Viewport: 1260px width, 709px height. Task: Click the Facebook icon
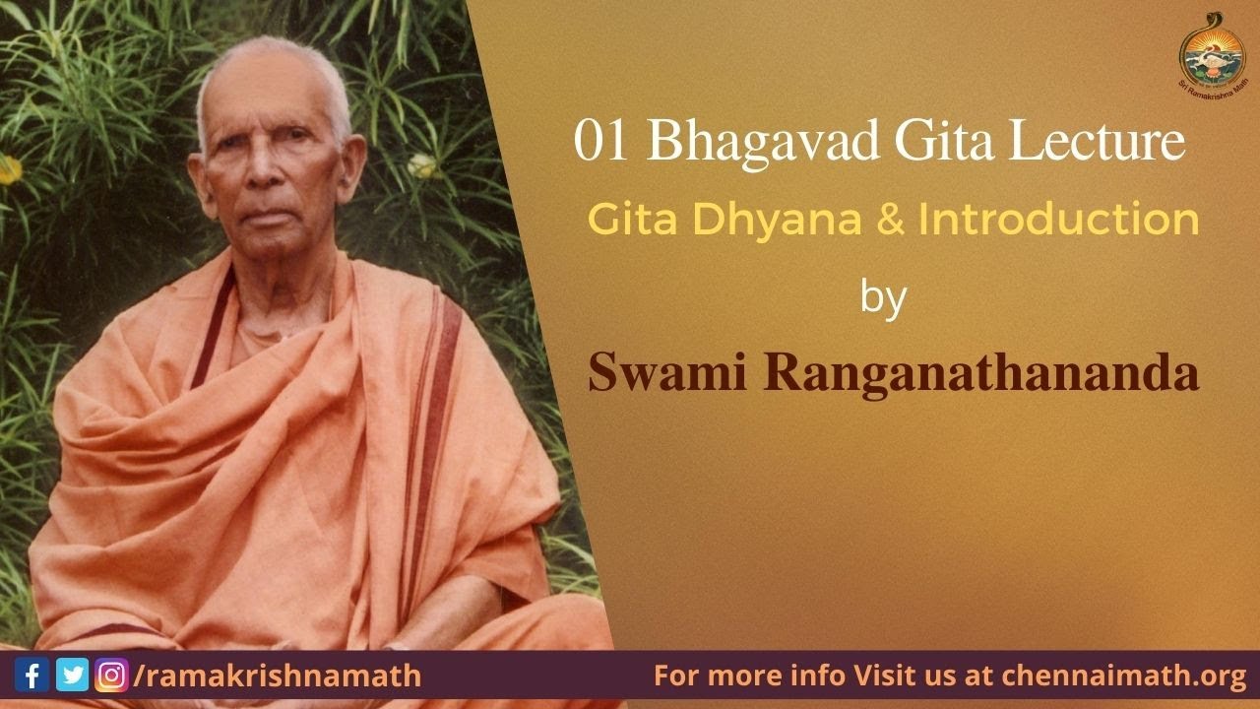32,676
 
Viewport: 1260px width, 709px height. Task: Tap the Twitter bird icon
72,676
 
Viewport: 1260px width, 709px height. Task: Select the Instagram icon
110,676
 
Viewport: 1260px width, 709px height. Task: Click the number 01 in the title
602,143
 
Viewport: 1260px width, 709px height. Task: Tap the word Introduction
1058,220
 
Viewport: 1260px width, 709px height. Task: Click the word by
883,297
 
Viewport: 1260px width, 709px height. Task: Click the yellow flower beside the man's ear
421,165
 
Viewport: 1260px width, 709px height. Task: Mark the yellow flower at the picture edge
9,168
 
